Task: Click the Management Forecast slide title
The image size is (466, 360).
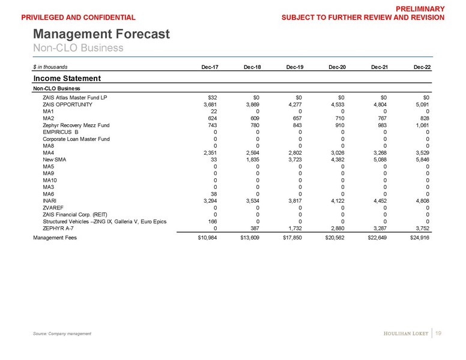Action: pyautogui.click(x=101, y=34)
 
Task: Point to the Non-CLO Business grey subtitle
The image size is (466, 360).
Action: pyautogui.click(x=78, y=47)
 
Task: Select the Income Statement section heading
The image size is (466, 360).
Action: pyautogui.click(x=66, y=78)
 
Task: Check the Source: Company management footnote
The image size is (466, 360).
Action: pyautogui.click(x=62, y=334)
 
